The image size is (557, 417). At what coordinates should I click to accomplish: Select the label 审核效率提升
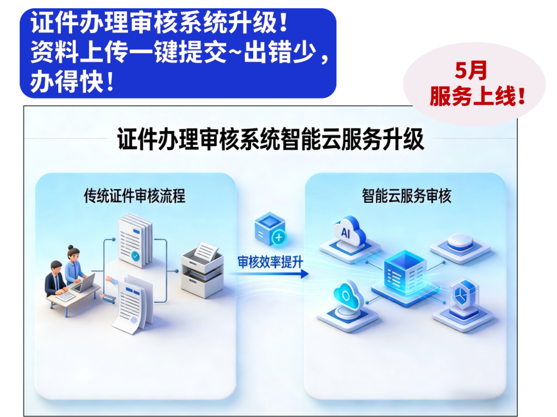pyautogui.click(x=270, y=262)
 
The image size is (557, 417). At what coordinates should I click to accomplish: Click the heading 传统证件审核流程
pyautogui.click(x=135, y=196)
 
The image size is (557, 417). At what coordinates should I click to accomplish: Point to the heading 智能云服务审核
pyautogui.click(x=406, y=196)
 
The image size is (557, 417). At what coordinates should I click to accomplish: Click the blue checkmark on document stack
pyautogui.click(x=135, y=255)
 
